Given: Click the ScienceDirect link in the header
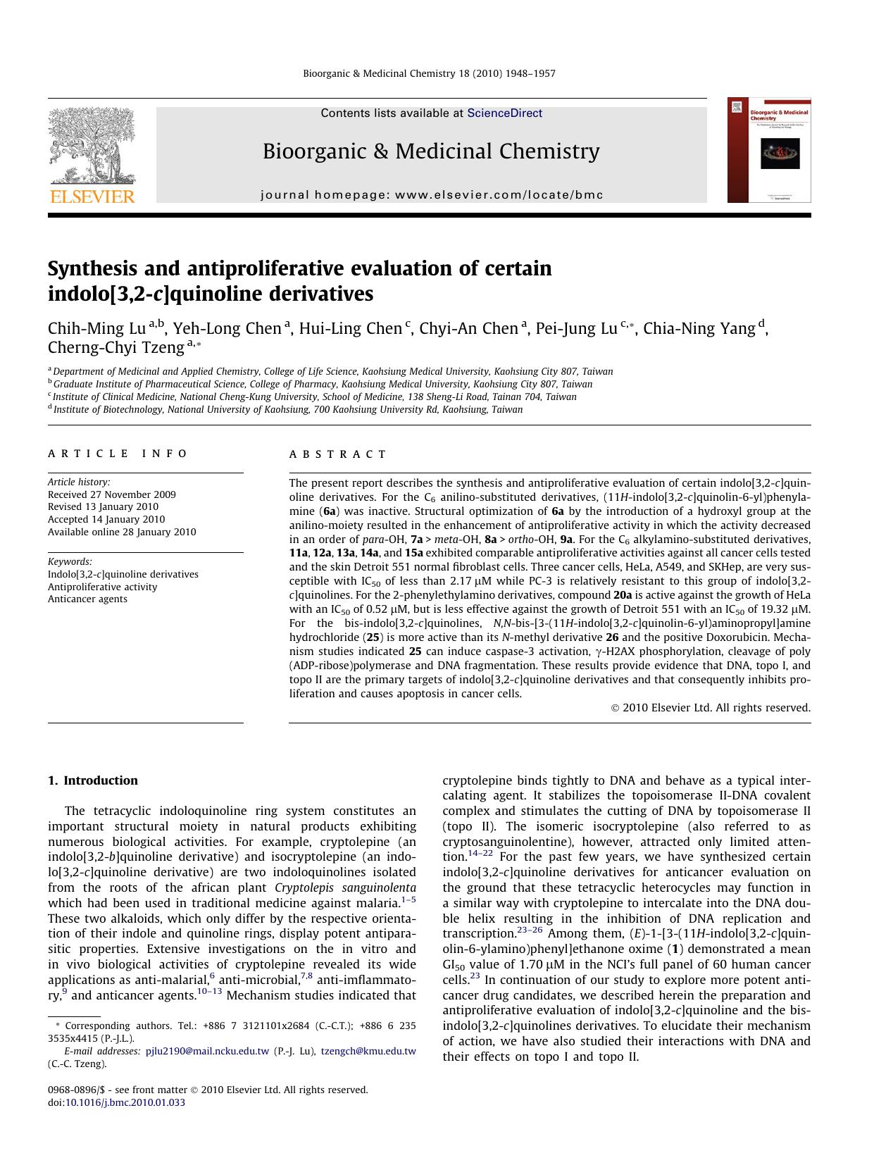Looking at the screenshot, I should click(x=504, y=113).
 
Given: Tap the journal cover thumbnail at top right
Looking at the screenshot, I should click(x=769, y=150).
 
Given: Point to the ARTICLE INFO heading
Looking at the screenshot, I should click(x=118, y=454).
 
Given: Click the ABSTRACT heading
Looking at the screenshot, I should click(x=338, y=454).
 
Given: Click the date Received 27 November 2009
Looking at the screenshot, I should click(x=111, y=494).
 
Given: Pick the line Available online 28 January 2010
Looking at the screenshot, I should click(x=122, y=532).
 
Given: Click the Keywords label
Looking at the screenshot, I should click(x=70, y=561).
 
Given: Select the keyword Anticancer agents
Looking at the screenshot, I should click(x=87, y=599).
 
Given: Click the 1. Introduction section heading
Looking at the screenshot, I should click(x=92, y=780).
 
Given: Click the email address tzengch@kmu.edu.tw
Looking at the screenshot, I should click(x=368, y=1051).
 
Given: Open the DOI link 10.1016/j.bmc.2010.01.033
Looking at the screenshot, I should click(x=125, y=1102).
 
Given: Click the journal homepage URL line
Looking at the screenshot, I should click(x=432, y=194).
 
